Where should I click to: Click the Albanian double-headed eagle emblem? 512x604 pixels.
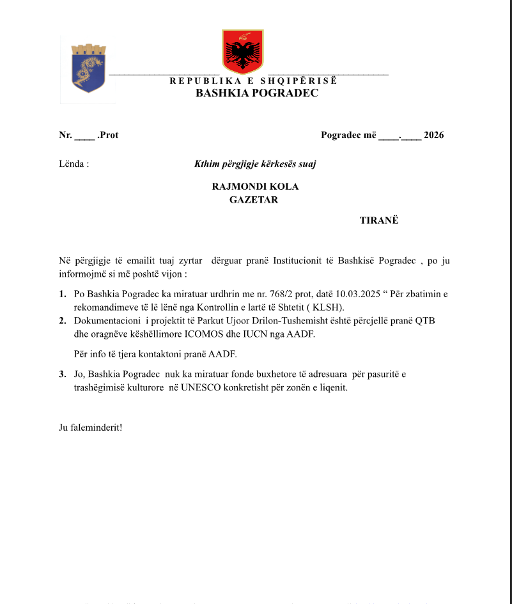point(242,51)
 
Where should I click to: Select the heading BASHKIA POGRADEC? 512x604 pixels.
point(256,93)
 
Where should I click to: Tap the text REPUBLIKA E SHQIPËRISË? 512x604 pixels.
point(253,81)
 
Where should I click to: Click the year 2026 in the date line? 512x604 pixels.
point(433,135)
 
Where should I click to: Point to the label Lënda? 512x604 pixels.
point(74,164)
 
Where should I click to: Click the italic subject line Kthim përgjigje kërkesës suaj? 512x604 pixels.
point(255,164)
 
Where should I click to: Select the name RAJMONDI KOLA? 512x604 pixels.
point(255,187)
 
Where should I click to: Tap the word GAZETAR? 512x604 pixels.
point(254,199)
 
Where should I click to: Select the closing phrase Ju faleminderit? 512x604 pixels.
point(90,426)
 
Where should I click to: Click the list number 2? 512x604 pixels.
point(62,320)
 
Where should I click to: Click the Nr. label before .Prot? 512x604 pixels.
point(65,135)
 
